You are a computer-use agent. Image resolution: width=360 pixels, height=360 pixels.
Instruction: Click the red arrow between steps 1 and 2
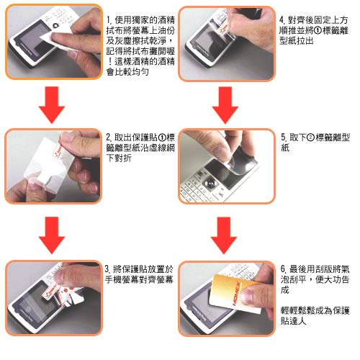click(52, 105)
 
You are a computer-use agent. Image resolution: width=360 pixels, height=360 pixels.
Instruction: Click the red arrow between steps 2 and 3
click(52, 235)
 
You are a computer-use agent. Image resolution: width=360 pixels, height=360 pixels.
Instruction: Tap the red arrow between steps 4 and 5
click(225, 105)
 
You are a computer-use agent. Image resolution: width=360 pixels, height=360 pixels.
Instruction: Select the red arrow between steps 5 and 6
click(224, 235)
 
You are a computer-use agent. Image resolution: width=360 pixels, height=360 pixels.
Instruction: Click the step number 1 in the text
click(109, 20)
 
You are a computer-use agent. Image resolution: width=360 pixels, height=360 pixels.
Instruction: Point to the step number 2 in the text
click(109, 138)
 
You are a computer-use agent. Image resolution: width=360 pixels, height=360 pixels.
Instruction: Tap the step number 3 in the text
click(107, 269)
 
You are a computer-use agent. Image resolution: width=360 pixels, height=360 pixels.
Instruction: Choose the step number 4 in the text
click(282, 20)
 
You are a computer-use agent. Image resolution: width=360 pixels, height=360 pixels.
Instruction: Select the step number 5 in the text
click(284, 138)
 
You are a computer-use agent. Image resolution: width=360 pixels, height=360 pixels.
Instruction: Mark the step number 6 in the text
click(284, 269)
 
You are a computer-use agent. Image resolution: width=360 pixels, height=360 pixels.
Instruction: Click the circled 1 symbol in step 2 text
click(163, 138)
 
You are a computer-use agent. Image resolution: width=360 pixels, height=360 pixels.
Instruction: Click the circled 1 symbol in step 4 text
click(318, 31)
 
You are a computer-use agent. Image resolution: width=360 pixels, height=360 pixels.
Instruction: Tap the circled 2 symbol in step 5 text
click(310, 138)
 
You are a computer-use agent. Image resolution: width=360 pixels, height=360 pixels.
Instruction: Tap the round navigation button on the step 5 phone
click(211, 184)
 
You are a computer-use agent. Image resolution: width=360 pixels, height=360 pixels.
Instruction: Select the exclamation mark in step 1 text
click(109, 62)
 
